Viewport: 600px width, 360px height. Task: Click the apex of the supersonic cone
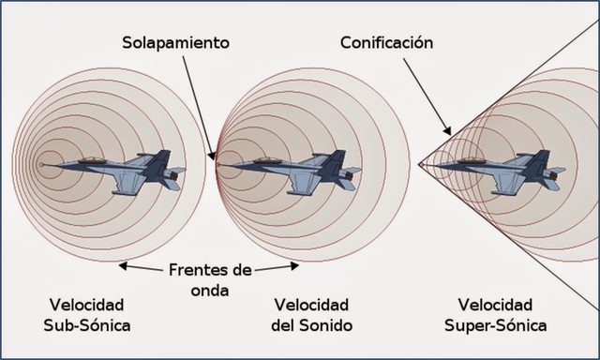click(x=419, y=167)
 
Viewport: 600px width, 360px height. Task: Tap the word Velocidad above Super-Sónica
click(x=497, y=306)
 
